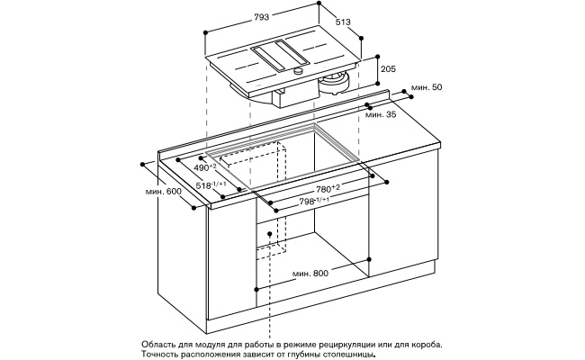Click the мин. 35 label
[381, 114]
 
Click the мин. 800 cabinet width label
[310, 273]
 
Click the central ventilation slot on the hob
[281, 58]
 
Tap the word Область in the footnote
[161, 344]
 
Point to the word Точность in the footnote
[163, 355]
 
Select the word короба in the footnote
[423, 344]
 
